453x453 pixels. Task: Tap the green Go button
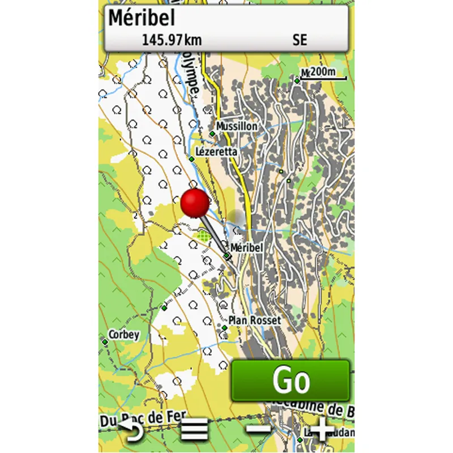pyautogui.click(x=290, y=381)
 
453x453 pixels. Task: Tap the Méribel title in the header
pyautogui.click(x=142, y=18)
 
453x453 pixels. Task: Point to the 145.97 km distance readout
pyautogui.click(x=172, y=40)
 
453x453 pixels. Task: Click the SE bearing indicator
pyautogui.click(x=300, y=40)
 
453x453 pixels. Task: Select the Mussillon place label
pyautogui.click(x=237, y=126)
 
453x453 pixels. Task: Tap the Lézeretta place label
pyautogui.click(x=216, y=152)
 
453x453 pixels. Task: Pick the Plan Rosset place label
pyautogui.click(x=254, y=320)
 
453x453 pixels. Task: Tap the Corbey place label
pyautogui.click(x=124, y=335)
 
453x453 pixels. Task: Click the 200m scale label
pyautogui.click(x=323, y=72)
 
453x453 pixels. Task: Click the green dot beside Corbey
pyautogui.click(x=105, y=342)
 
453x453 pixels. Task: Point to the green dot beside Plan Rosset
pyautogui.click(x=225, y=328)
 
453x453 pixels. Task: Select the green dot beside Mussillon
pyautogui.click(x=212, y=134)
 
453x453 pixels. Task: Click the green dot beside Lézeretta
pyautogui.click(x=191, y=159)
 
